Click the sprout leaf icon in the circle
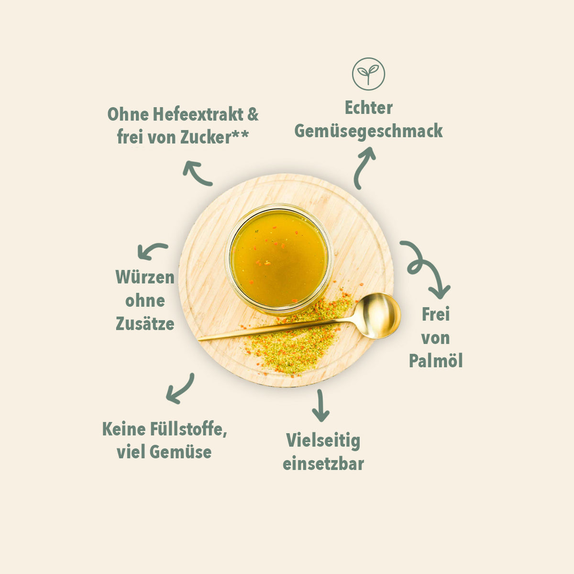[x=368, y=74]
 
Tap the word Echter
[x=368, y=108]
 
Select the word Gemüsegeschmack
[x=368, y=131]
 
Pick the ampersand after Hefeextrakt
[x=253, y=115]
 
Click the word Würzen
[x=145, y=277]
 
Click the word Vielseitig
[x=323, y=441]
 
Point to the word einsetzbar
[x=323, y=464]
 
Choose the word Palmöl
[x=435, y=361]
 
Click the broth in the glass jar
[x=278, y=258]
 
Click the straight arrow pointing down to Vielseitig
[x=320, y=406]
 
